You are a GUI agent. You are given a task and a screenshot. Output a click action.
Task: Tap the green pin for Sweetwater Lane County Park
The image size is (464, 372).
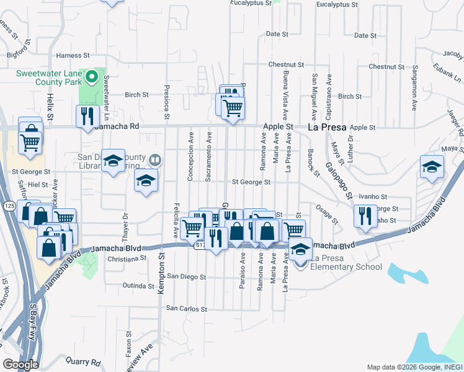(x=92, y=78)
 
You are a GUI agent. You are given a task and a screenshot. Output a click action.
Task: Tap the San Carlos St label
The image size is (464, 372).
(x=186, y=308)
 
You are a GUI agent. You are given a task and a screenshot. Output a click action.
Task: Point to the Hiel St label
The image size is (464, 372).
(x=38, y=185)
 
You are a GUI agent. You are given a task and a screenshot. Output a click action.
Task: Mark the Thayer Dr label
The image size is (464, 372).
(x=125, y=222)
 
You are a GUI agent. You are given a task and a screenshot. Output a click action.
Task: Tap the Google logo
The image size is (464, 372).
(x=20, y=364)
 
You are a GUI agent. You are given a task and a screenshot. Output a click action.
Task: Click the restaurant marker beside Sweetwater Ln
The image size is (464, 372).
(x=87, y=115)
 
